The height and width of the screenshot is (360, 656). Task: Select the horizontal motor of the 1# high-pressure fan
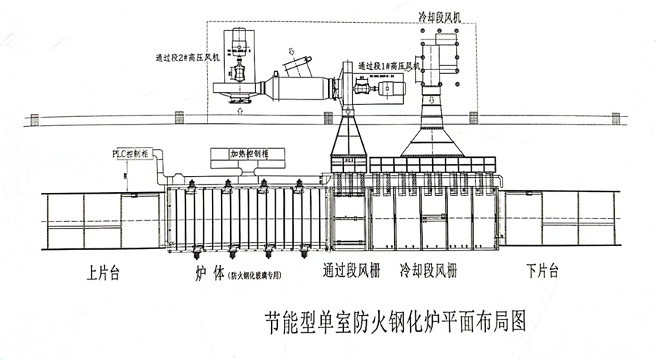point(393,89)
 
